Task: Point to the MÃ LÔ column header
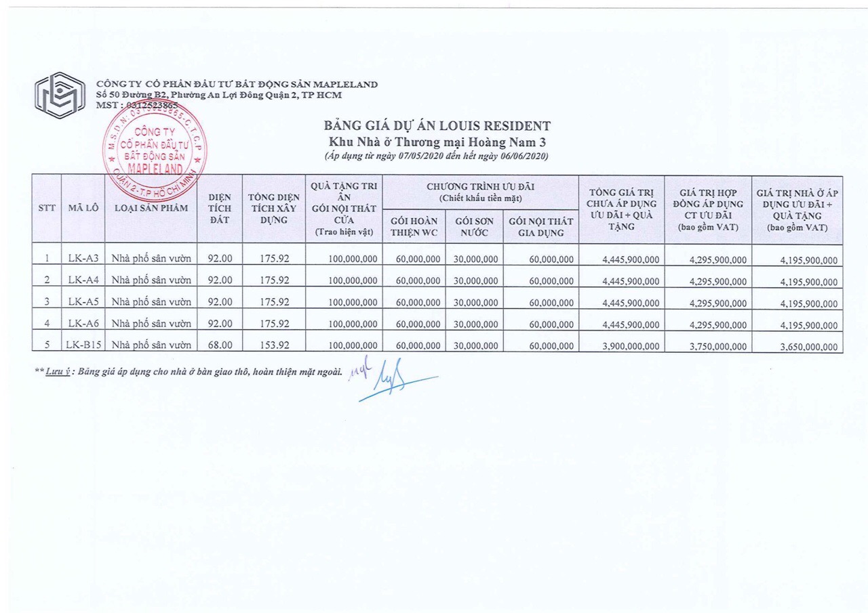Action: click(83, 208)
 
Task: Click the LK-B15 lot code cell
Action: click(83, 345)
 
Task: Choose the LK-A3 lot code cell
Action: click(83, 258)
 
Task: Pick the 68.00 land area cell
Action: click(220, 345)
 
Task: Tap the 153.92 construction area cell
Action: click(275, 345)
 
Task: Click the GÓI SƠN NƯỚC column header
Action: click(474, 227)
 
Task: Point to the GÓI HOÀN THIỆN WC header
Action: click(414, 227)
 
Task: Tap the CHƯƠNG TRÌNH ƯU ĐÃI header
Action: click(480, 192)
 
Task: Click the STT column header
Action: click(47, 208)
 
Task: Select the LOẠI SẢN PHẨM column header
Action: click(151, 208)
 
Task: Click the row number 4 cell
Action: click(47, 323)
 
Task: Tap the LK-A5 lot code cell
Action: click(83, 301)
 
